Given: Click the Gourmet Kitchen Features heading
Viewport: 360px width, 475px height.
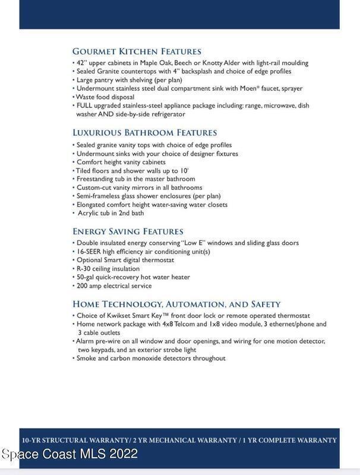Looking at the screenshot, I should [x=137, y=52].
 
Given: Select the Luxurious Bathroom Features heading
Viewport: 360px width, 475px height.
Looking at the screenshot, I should [x=144, y=132].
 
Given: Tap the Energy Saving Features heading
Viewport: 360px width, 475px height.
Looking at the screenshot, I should [x=128, y=231].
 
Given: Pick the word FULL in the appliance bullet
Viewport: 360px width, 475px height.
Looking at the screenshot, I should [x=87, y=105].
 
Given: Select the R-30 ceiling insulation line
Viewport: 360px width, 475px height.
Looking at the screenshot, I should [x=108, y=268].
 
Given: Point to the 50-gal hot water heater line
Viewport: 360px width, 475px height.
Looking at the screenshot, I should [x=133, y=277].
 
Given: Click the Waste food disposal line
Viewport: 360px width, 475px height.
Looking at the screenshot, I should [x=105, y=97].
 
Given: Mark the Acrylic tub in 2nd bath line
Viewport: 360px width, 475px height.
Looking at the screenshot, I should [x=110, y=213].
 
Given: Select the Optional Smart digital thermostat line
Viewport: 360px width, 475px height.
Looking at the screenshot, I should [x=125, y=259].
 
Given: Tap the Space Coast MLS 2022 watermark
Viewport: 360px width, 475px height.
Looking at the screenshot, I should [x=70, y=454].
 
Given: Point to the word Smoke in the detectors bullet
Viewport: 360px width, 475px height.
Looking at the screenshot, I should [x=87, y=358].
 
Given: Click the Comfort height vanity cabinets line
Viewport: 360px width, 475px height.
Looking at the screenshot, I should [x=121, y=161].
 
